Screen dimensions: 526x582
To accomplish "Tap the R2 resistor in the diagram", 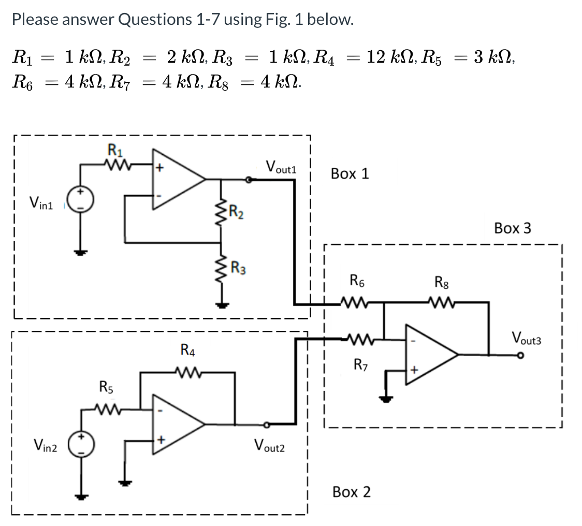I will click(223, 212).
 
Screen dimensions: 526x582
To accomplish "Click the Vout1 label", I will click(280, 167).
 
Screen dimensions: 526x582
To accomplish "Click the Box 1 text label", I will click(350, 173).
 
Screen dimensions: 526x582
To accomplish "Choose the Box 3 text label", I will click(512, 228).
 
